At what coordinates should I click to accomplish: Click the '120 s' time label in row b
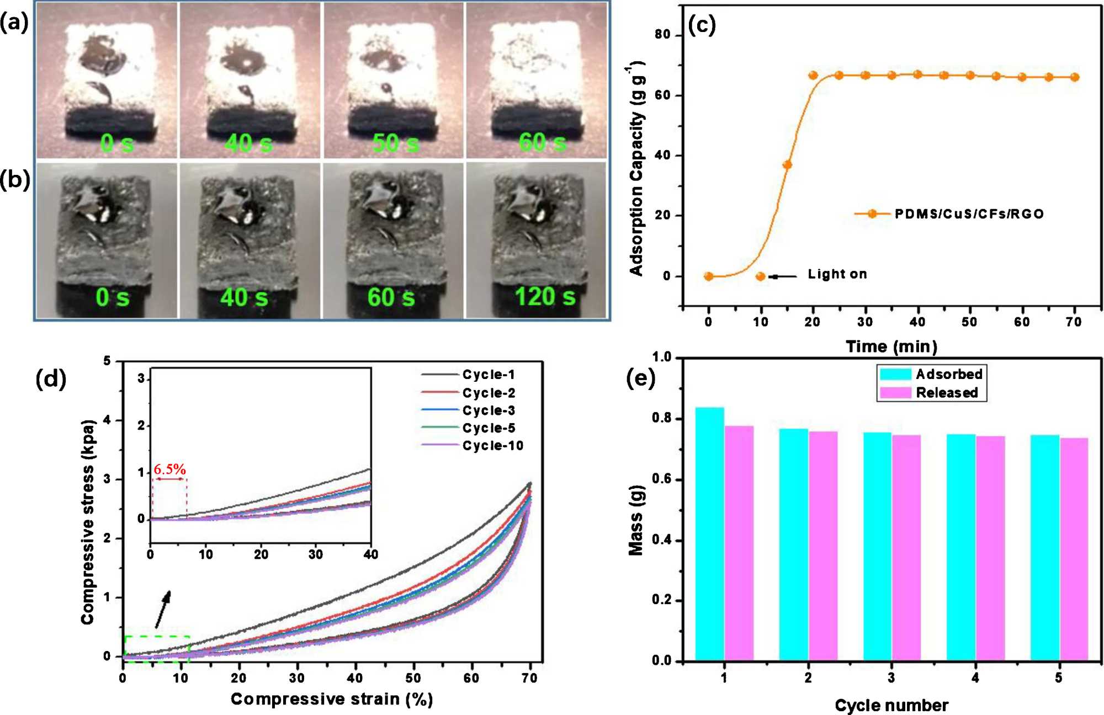545,297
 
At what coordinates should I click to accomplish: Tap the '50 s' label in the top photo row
395,143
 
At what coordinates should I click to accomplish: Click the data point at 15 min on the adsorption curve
787,164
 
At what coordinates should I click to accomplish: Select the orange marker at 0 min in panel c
709,276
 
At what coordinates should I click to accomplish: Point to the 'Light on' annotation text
837,274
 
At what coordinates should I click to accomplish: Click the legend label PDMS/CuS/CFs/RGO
969,214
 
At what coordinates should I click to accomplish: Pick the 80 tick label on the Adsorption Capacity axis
662,35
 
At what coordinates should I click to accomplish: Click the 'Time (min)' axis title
891,346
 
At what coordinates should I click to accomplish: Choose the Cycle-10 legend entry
492,446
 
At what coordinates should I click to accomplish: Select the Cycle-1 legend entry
489,375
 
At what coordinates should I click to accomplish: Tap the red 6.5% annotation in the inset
169,469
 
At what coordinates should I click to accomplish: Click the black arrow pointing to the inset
163,609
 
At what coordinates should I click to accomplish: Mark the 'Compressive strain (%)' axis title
331,699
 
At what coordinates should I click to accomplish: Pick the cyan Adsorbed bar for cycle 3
877,546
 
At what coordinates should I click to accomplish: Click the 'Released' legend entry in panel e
946,393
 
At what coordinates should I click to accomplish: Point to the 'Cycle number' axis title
891,705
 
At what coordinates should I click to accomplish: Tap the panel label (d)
51,379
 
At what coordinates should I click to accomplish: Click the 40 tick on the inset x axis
370,554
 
